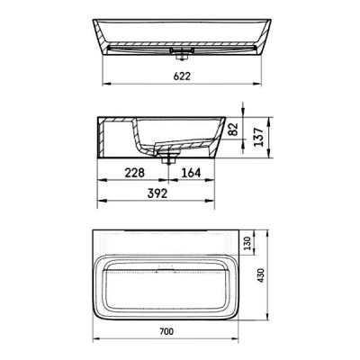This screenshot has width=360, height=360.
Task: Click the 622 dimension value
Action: click(182, 76)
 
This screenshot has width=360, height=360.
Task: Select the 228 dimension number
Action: click(135, 173)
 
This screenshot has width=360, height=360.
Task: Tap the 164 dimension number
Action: click(191, 173)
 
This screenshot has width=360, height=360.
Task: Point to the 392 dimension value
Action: click(157, 193)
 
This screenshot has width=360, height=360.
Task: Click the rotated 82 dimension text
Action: click(233, 129)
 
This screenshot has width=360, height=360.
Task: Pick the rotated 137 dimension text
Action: click(258, 137)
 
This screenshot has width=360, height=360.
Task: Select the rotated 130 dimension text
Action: click(247, 243)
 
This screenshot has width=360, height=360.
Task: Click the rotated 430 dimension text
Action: click(260, 275)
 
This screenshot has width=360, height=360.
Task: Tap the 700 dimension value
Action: click(166, 331)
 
